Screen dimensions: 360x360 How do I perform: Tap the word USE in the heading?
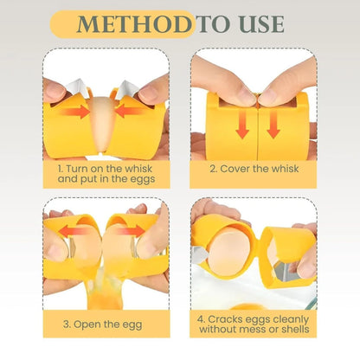[x=261, y=23]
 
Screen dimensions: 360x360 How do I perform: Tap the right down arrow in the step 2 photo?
[x=273, y=125]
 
